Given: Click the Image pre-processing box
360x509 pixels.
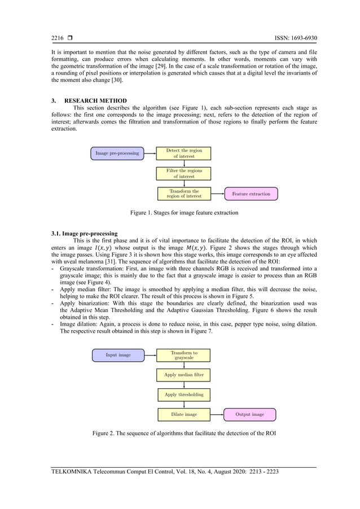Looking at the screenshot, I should (x=117, y=153).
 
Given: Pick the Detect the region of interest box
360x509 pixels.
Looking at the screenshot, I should (x=184, y=153).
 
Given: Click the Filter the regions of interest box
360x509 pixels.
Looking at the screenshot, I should (x=184, y=173).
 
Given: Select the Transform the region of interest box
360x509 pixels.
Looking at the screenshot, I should (x=184, y=194).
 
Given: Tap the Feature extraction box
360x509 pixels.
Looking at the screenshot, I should (x=251, y=194).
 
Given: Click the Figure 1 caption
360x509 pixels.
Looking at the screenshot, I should (x=184, y=213).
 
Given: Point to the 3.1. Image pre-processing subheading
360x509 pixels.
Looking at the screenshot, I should (x=84, y=233).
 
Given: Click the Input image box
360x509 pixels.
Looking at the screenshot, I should (x=118, y=355).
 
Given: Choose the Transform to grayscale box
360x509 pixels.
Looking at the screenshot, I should (x=184, y=355).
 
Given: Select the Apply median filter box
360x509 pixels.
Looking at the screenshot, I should (x=184, y=375).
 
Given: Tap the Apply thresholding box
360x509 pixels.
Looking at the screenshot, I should (x=184, y=394).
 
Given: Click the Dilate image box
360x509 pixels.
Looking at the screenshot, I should (x=184, y=414).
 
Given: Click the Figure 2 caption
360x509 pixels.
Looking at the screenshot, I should (x=184, y=433).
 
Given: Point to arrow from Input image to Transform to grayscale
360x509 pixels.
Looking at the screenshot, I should (x=150, y=355).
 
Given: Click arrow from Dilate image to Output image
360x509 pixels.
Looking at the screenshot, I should (x=217, y=414).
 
